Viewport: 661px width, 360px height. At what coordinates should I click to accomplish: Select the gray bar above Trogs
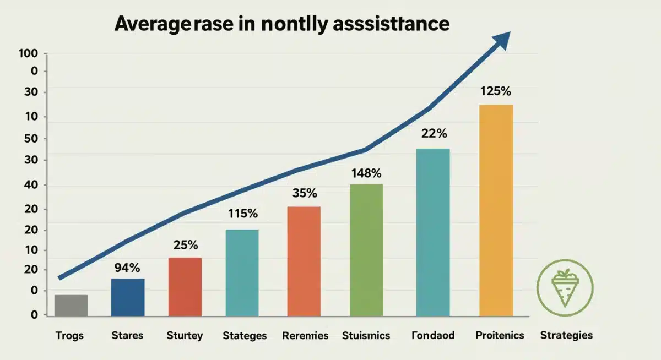(x=71, y=306)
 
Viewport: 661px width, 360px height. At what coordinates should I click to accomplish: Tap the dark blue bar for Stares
(x=128, y=297)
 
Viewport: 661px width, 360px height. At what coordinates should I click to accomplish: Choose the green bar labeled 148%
(x=366, y=250)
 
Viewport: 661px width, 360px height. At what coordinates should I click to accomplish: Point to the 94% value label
(x=127, y=268)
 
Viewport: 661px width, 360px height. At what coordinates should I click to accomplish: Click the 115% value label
(x=242, y=214)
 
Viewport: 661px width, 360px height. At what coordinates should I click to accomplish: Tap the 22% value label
(x=434, y=133)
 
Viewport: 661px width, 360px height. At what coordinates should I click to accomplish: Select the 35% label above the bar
(x=304, y=193)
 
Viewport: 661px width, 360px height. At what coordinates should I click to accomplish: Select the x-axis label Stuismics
(x=366, y=335)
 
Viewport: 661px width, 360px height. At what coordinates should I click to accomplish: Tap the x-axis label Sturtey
(x=185, y=335)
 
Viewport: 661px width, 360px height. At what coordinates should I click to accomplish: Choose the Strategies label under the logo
(x=566, y=335)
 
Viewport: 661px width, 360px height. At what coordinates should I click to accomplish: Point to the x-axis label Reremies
(x=305, y=335)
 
